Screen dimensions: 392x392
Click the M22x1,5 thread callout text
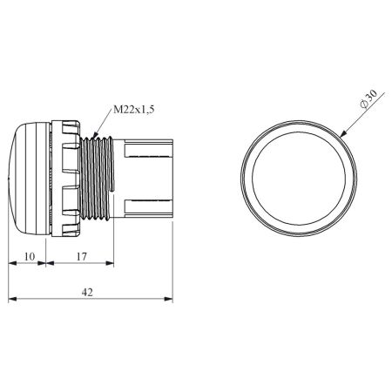pos(133,110)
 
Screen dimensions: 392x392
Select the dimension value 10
pos(30,257)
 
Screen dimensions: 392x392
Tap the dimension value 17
pos(82,257)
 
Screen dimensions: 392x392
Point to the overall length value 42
pos(87,292)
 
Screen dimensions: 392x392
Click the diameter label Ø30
pos(368,98)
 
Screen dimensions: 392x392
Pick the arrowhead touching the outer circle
pos(343,133)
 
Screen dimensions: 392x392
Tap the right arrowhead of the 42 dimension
pos(168,299)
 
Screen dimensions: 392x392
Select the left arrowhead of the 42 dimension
pos(12,299)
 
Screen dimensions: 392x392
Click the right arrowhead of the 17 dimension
pos(110,263)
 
